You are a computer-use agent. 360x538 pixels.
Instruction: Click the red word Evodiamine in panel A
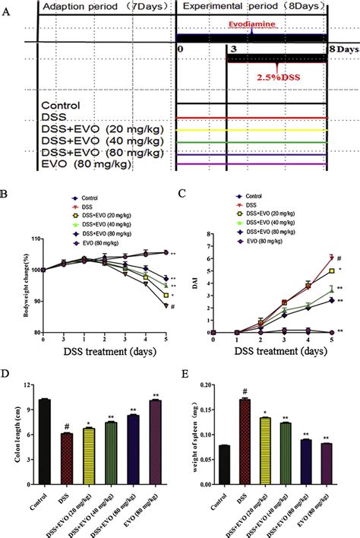pyautogui.click(x=251, y=24)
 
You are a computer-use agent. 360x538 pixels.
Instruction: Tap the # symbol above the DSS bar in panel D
pyautogui.click(x=67, y=426)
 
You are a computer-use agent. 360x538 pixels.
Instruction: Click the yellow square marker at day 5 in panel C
pyautogui.click(x=331, y=270)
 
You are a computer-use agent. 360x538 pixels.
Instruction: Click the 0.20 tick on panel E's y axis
pyautogui.click(x=208, y=386)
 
